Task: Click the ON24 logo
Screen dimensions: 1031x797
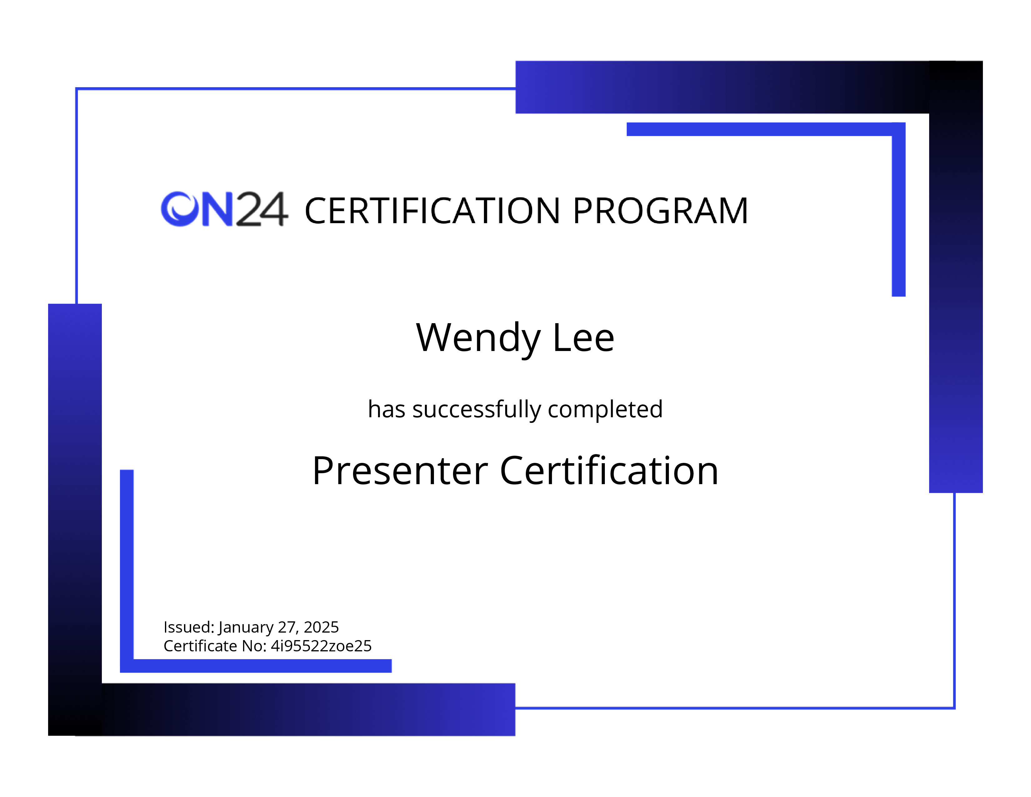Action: coord(224,209)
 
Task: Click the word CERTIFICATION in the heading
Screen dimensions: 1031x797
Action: coord(432,211)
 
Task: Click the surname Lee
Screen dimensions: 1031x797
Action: coord(584,338)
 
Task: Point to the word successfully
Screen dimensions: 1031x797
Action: coord(476,410)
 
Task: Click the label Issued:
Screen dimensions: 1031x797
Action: coord(189,627)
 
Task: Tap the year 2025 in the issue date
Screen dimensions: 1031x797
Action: coord(321,627)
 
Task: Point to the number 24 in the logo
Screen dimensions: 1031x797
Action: coord(261,209)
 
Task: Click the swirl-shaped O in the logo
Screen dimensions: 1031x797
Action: coord(179,209)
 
